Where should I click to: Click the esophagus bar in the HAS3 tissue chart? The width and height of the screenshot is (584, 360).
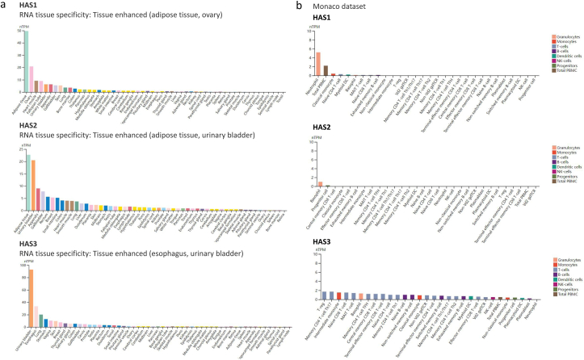pyautogui.click(x=36, y=316)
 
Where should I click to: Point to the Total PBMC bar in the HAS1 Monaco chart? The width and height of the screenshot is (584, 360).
pyautogui.click(x=326, y=70)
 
